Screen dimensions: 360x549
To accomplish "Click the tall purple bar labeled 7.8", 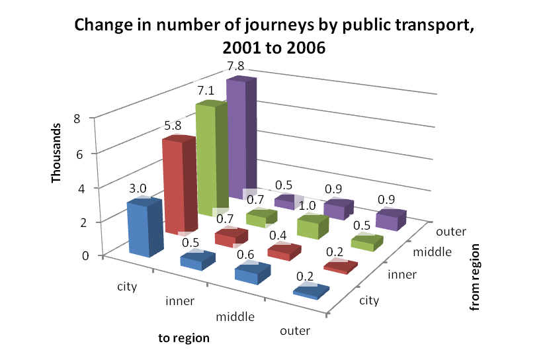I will [x=241, y=139].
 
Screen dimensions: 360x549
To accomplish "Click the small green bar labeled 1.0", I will [x=312, y=227].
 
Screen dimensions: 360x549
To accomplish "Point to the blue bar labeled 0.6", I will [x=253, y=272].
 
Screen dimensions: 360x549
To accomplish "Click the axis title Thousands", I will [x=56, y=154].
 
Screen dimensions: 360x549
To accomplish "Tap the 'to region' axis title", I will [x=184, y=338].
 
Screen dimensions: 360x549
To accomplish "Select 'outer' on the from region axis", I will [x=451, y=232].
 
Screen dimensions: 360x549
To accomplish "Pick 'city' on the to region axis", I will [x=128, y=286].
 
